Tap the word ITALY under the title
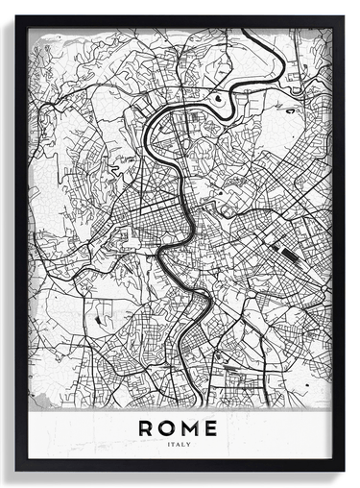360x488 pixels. [x=179, y=445]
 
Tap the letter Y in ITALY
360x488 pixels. [x=189, y=445]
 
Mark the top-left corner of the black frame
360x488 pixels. [x=16, y=16]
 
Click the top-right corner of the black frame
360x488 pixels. [x=343, y=16]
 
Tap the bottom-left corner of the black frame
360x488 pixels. [x=16, y=470]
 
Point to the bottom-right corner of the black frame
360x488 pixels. [x=343, y=470]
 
